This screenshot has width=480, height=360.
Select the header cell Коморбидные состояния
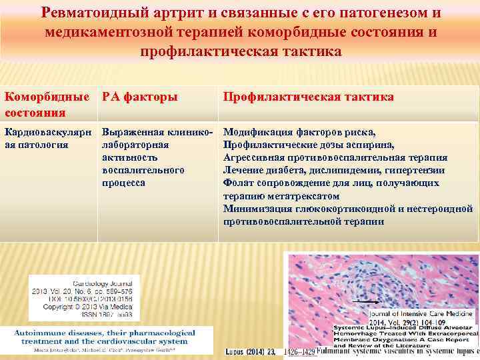coord(46,104)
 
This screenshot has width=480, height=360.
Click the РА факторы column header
coord(139,97)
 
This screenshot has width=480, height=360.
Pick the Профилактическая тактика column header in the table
coord(308,97)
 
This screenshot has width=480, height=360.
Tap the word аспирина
coord(370,145)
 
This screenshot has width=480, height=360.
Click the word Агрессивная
coord(255,157)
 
